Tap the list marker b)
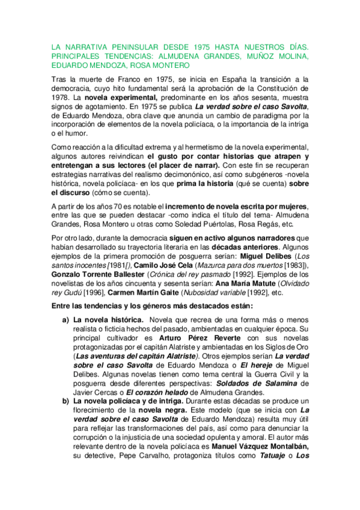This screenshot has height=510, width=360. coord(66,401)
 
